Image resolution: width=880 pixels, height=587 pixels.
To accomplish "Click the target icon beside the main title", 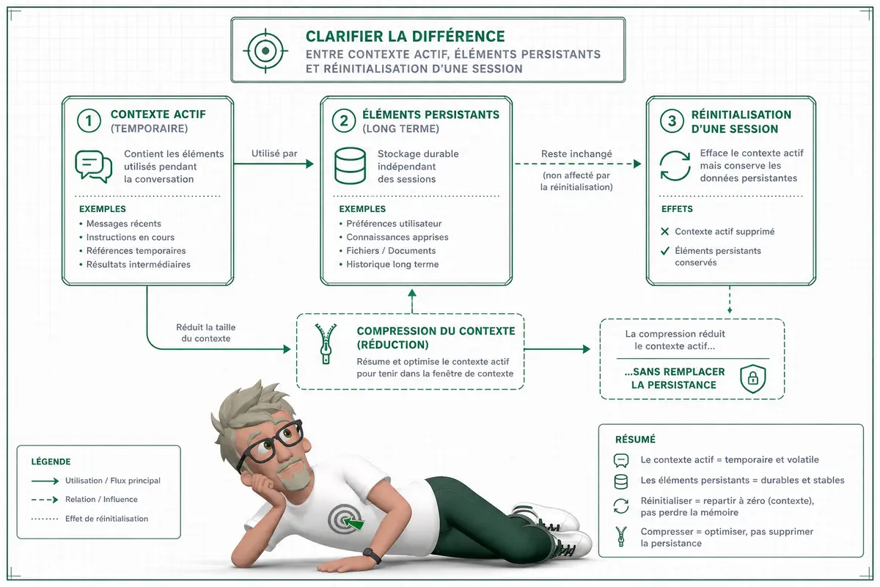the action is pyautogui.click(x=265, y=51).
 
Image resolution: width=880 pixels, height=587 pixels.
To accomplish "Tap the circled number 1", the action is pyautogui.click(x=89, y=121).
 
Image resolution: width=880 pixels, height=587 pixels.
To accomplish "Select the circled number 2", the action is pyautogui.click(x=344, y=121).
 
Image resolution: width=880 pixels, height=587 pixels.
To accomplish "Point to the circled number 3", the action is pyautogui.click(x=672, y=121).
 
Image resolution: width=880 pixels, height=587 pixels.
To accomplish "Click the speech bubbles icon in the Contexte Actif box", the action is pyautogui.click(x=94, y=167).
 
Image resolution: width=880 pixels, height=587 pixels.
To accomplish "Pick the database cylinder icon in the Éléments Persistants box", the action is pyautogui.click(x=350, y=166).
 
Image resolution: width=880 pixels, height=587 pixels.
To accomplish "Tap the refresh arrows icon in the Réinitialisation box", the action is pyautogui.click(x=675, y=166).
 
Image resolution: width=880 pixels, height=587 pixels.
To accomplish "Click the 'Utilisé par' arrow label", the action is pyautogui.click(x=274, y=153).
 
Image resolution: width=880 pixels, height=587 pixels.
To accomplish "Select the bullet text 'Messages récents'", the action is pyautogui.click(x=124, y=223).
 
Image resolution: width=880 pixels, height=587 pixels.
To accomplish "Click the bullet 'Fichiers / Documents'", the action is pyautogui.click(x=391, y=250).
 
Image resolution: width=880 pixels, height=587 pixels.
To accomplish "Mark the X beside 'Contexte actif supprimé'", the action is pyautogui.click(x=664, y=231).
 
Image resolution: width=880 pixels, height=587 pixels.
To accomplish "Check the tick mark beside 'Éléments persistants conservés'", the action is pyautogui.click(x=664, y=250).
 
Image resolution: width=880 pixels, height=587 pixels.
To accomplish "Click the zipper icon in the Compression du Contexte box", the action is pyautogui.click(x=326, y=343).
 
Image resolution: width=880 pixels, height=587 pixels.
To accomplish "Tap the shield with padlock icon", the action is pyautogui.click(x=752, y=379).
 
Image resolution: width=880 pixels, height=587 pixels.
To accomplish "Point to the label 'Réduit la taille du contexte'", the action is pyautogui.click(x=206, y=332).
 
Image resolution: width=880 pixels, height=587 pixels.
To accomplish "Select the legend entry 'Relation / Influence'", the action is pyautogui.click(x=101, y=499).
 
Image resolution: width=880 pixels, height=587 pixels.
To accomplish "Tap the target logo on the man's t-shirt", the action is pyautogui.click(x=345, y=519).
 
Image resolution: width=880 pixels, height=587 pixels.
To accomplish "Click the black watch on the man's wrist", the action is pyautogui.click(x=372, y=555).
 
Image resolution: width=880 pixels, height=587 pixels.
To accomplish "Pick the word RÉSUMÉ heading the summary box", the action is pyautogui.click(x=635, y=440).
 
